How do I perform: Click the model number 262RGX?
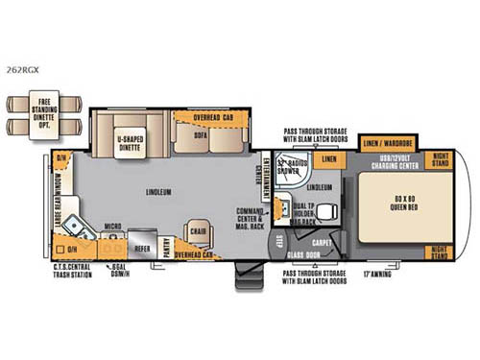[20, 69]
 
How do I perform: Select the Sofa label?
[200, 136]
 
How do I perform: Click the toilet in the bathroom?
[322, 211]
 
